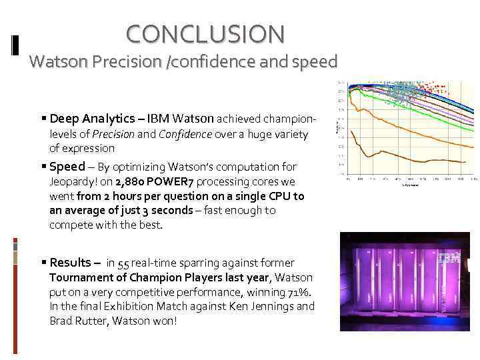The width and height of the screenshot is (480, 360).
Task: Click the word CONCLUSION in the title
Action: pos(205,33)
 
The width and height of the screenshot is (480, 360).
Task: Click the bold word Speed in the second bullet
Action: pos(67,167)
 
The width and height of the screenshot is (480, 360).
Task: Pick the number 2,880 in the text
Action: pos(130,181)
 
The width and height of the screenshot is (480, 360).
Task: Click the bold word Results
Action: pos(73,262)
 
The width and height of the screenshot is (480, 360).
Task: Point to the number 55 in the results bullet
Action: pos(123,263)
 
